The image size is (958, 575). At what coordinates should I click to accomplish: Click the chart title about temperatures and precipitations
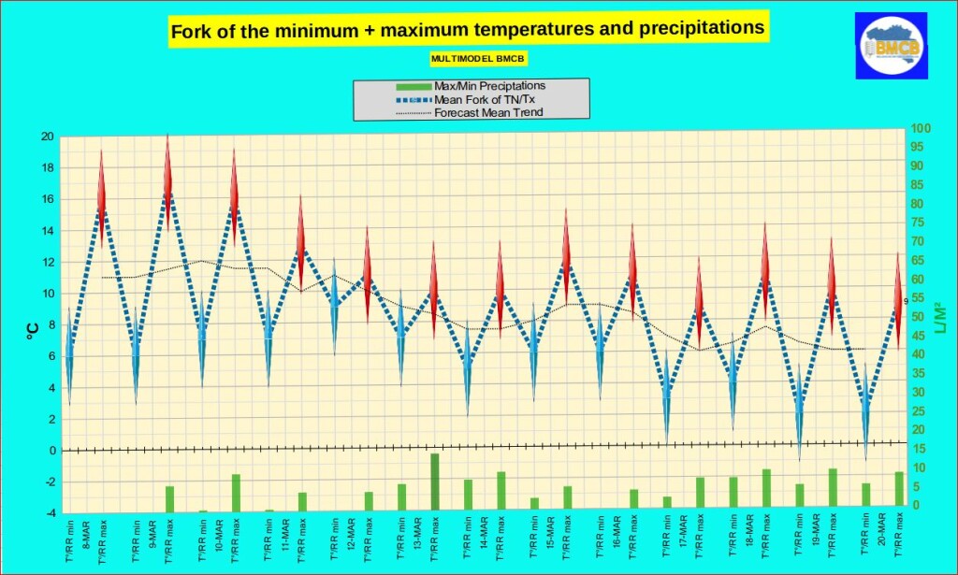[x=467, y=30]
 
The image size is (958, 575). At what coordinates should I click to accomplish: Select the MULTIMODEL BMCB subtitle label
[x=478, y=58]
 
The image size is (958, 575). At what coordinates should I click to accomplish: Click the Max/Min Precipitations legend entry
[x=489, y=86]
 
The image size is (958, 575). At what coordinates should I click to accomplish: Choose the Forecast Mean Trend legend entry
[x=488, y=112]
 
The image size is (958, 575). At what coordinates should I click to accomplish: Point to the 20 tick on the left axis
[x=48, y=137]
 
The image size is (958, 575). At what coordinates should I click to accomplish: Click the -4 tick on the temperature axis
[x=48, y=513]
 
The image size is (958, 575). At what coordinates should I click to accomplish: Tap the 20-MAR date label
[x=882, y=534]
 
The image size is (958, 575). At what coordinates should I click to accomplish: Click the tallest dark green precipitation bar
[x=434, y=482]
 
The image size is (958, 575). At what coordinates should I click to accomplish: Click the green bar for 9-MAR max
[x=169, y=499]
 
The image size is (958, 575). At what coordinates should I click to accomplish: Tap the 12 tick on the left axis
[x=48, y=262]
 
